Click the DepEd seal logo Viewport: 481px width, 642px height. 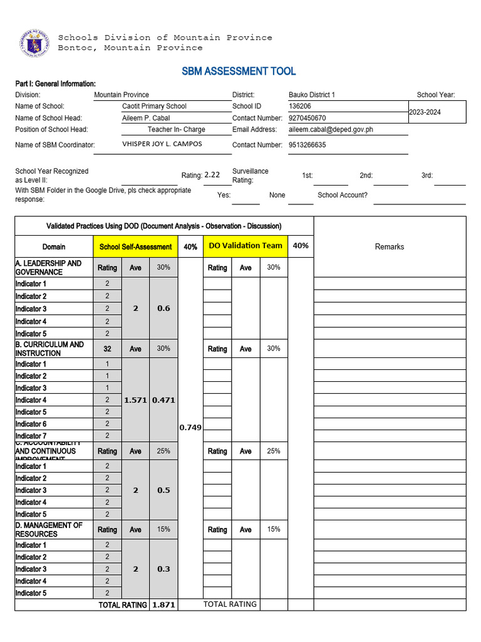point(34,44)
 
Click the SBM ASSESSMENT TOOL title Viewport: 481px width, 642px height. point(239,71)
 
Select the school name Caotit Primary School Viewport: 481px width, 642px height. point(154,107)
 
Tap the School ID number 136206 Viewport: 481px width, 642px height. point(300,107)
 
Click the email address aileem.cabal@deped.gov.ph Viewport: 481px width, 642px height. point(331,130)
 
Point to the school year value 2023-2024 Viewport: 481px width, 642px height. point(425,112)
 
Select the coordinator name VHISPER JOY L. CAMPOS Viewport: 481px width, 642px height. point(162,144)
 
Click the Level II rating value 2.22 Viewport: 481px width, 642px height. point(212,176)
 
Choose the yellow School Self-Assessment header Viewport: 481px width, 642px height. point(135,247)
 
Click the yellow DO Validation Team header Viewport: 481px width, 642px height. point(246,246)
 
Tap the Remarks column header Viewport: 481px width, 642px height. point(390,247)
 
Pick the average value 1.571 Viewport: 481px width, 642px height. point(135,400)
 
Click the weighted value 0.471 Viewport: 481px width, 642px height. point(163,400)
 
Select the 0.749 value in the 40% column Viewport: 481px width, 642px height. point(190,428)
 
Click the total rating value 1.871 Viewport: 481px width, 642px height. point(163,606)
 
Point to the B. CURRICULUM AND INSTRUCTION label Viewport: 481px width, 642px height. point(49,349)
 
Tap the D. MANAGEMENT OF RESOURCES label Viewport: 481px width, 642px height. point(49,530)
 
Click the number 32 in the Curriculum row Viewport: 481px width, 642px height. point(107,349)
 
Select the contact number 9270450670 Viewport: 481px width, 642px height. point(307,118)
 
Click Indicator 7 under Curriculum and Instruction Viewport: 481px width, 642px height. point(31,436)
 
